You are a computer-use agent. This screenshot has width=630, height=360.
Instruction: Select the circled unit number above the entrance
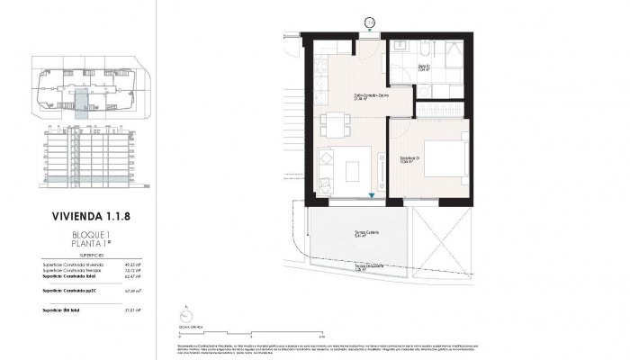pos(370,22)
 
